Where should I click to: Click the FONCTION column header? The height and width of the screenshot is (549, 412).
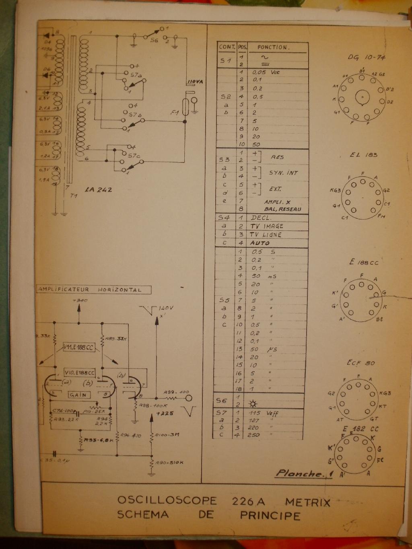click(273, 47)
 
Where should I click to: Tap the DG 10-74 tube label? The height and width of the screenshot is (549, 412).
click(367, 58)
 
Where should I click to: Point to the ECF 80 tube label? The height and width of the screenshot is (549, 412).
click(361, 363)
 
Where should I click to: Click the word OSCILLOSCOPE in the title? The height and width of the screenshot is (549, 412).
click(167, 501)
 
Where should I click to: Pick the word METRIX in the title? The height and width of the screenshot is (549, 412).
click(307, 502)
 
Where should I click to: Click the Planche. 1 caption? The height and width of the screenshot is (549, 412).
click(304, 473)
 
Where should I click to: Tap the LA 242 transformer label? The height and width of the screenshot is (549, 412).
click(99, 189)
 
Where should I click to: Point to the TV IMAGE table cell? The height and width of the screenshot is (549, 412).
click(267, 226)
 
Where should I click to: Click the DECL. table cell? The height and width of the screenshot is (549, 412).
click(261, 218)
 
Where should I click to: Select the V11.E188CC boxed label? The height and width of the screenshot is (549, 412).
click(80, 347)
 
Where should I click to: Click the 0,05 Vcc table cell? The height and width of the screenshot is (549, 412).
click(266, 72)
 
